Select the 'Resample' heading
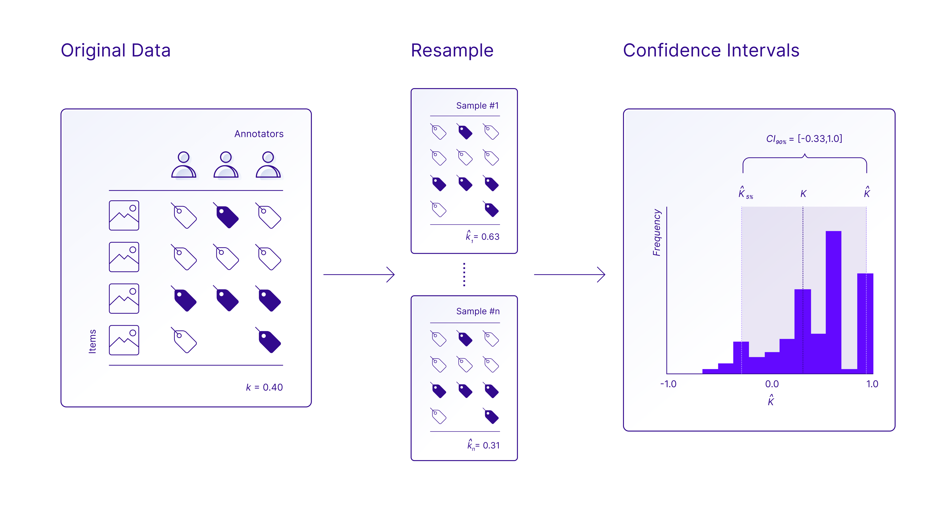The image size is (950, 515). (452, 51)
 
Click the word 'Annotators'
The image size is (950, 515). (259, 134)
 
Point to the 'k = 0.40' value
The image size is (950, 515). (264, 387)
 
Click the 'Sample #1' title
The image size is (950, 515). (478, 106)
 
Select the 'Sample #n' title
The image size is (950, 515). (478, 311)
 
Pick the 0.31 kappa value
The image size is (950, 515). (484, 445)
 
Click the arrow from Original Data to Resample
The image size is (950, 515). (359, 274)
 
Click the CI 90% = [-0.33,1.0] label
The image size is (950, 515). (804, 139)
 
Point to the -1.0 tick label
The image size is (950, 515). (668, 384)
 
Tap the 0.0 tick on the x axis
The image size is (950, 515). (772, 384)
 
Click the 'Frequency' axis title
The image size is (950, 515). (656, 232)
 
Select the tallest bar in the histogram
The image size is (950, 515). (834, 302)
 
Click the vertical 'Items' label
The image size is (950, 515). (92, 341)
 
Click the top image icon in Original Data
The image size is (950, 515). (124, 215)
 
